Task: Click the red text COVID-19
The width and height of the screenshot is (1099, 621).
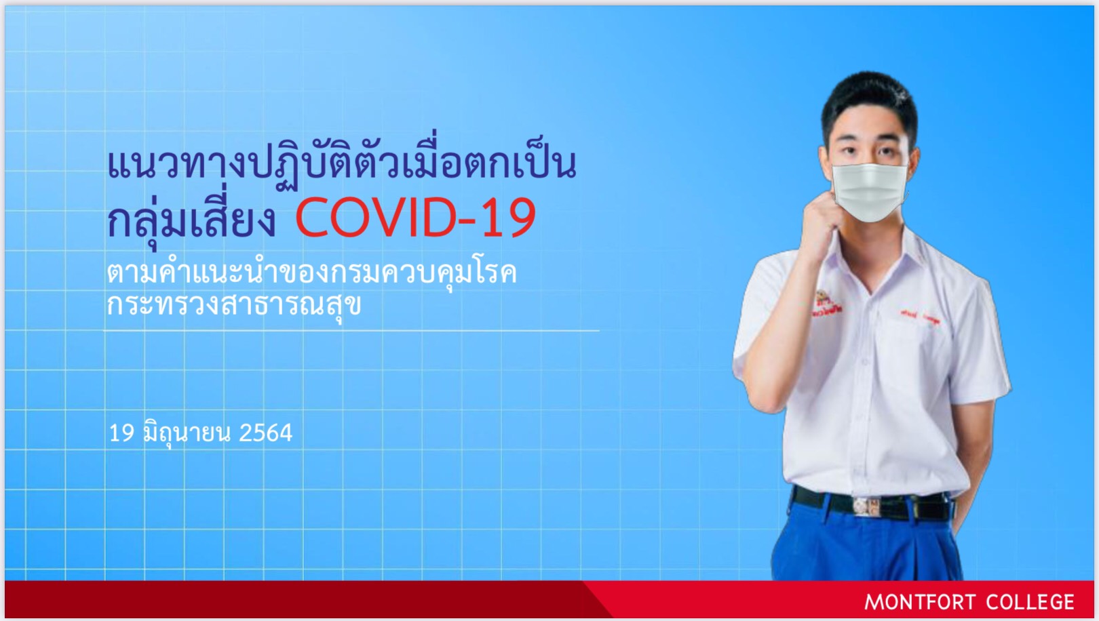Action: tap(415, 217)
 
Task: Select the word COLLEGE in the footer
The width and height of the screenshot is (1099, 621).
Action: tap(1030, 603)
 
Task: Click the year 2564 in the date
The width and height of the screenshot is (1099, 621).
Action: tap(265, 433)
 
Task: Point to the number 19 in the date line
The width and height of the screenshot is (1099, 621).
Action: tap(121, 433)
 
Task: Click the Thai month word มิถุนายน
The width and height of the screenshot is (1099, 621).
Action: tap(187, 433)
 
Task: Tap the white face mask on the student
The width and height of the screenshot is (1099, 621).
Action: tap(869, 193)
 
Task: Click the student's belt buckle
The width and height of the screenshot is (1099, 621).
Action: tap(868, 506)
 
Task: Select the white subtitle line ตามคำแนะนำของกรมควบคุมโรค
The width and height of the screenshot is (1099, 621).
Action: tap(312, 272)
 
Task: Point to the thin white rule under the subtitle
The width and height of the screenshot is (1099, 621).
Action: tap(351, 331)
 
